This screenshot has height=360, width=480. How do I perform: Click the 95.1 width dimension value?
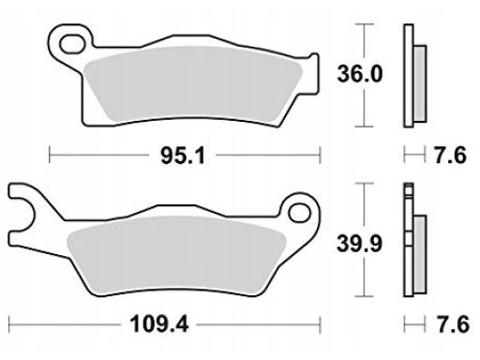coord(183,156)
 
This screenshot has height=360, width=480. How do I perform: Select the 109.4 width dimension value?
coord(159,324)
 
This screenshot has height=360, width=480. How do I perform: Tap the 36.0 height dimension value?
coord(360,74)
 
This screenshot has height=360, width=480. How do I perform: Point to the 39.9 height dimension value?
coord(360,244)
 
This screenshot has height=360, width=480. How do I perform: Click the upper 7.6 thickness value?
coord(450,155)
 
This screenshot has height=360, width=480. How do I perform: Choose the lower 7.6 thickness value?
coord(453,324)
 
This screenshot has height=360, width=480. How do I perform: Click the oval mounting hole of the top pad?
coord(72,44)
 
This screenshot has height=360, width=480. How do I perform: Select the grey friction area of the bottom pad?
coord(176,255)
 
